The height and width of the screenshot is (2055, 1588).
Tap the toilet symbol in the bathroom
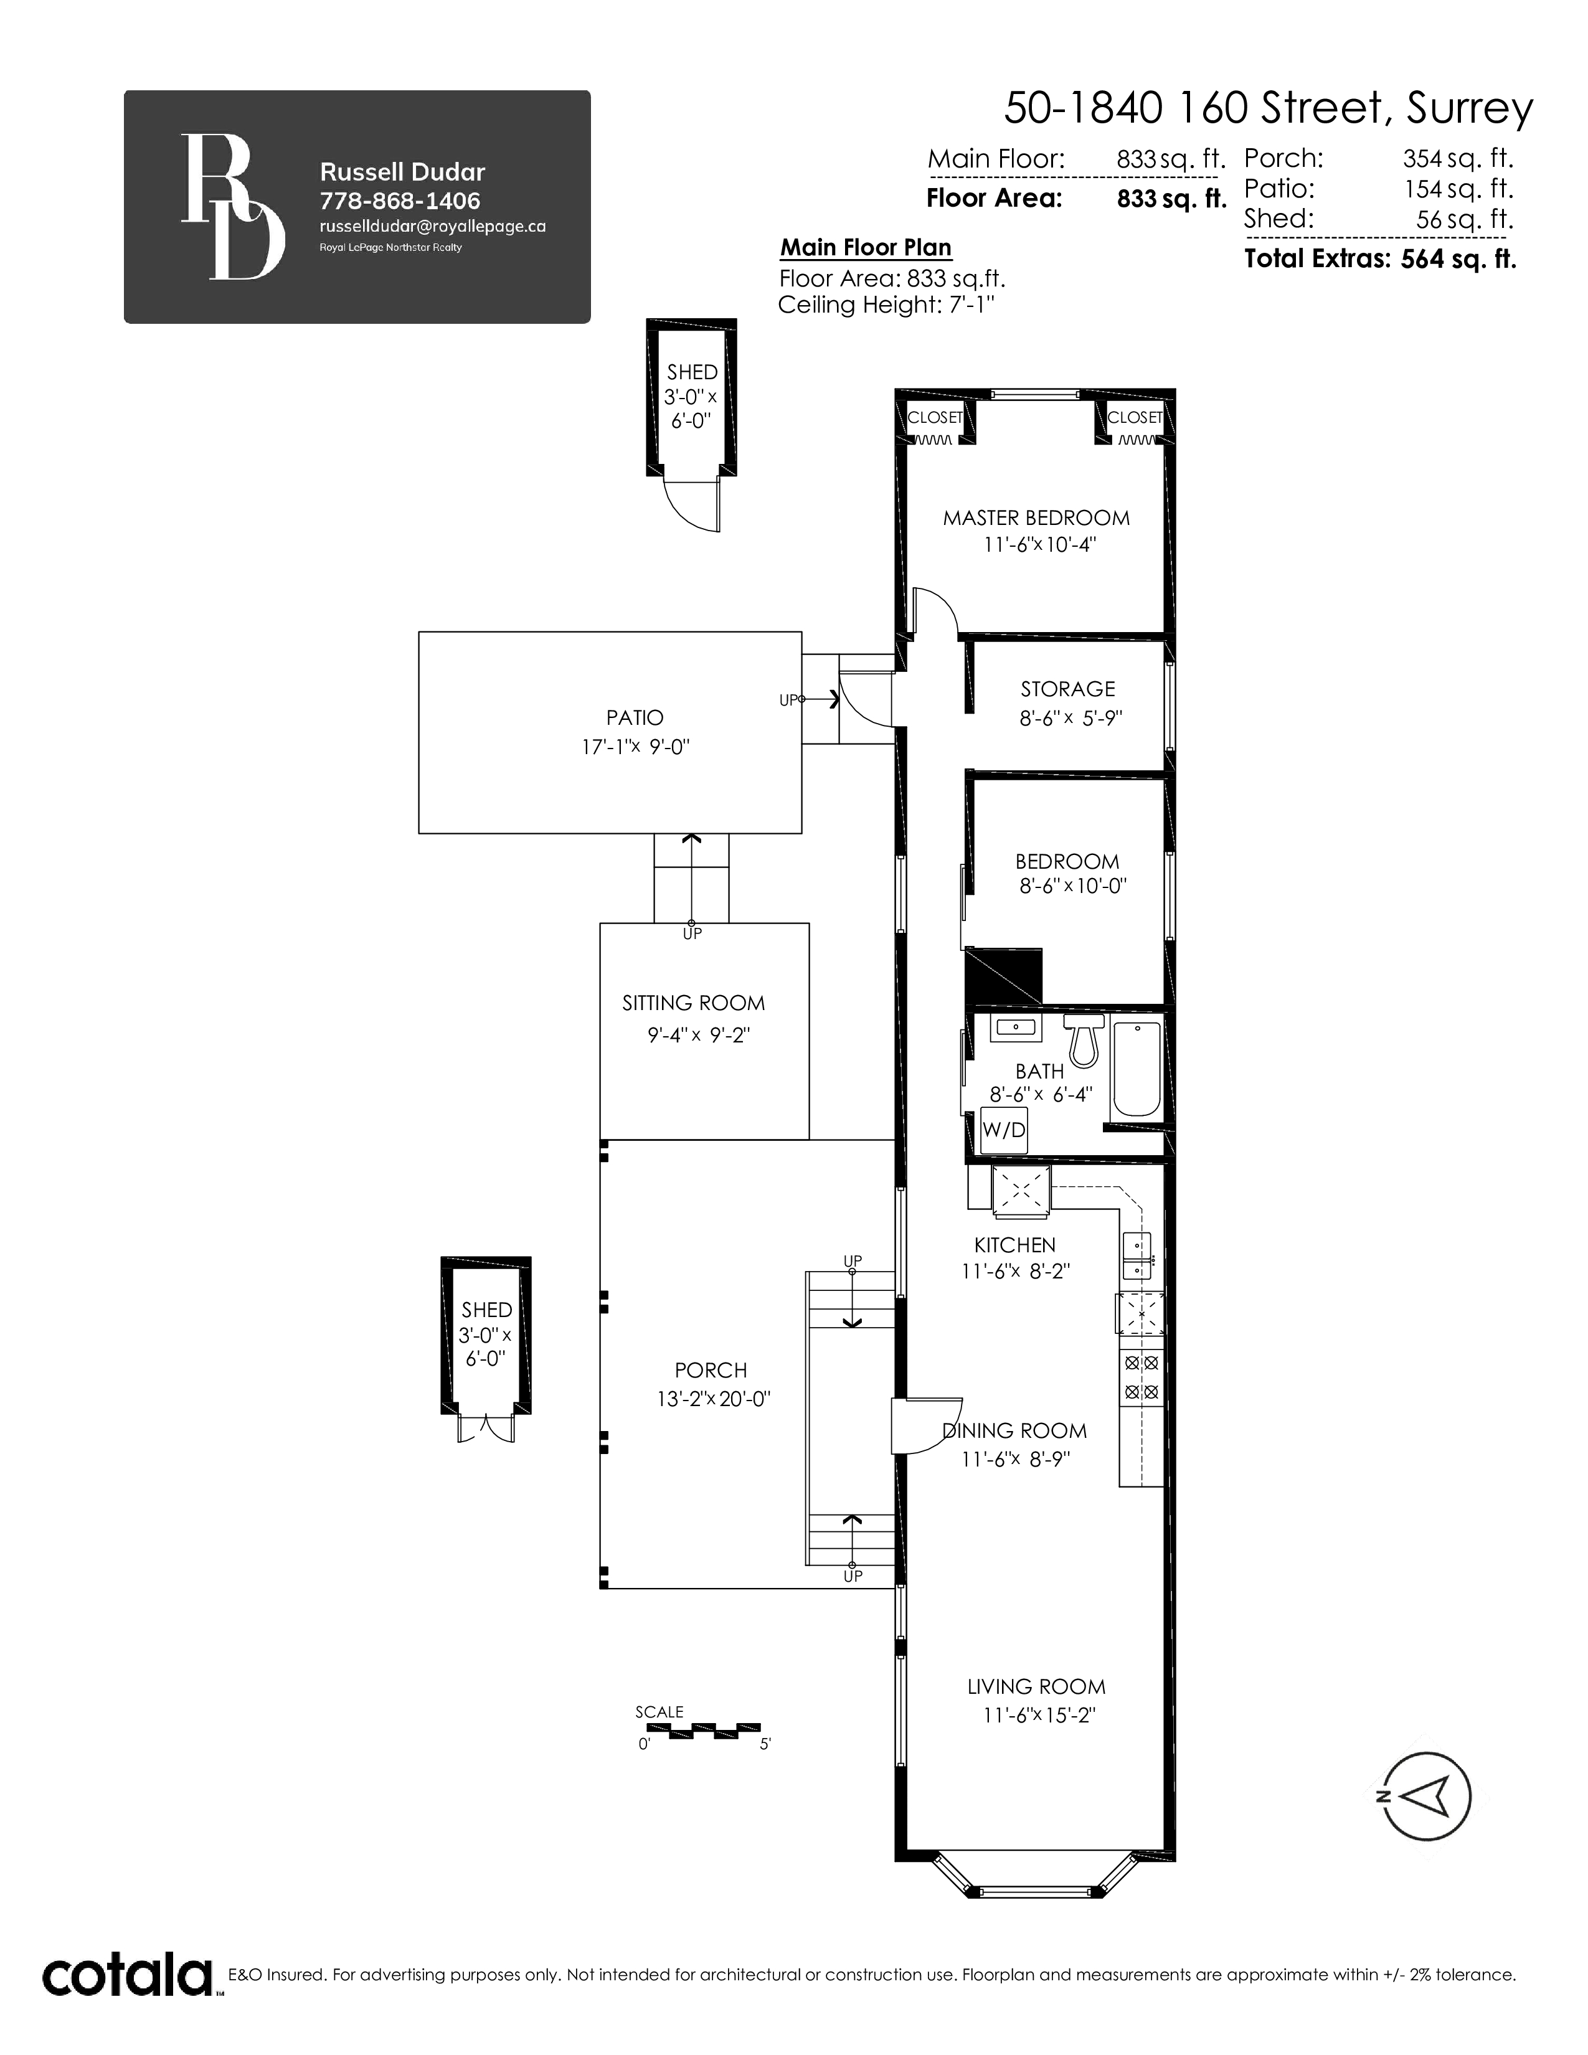tap(1084, 1040)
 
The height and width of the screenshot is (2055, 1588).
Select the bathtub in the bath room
tap(1137, 1069)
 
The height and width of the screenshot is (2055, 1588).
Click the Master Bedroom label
tap(1036, 517)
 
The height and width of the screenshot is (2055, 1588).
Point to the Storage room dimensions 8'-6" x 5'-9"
tap(1070, 718)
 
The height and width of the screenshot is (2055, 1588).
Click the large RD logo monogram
tap(232, 206)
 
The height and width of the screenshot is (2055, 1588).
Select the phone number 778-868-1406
tap(400, 201)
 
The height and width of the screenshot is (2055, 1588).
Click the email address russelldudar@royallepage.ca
tap(433, 227)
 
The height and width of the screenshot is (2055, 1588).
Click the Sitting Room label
tap(693, 1003)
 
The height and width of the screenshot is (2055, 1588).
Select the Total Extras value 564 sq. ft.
tap(1458, 259)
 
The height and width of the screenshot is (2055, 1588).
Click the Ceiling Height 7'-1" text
tap(886, 305)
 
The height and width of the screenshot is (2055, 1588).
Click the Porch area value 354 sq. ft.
tap(1458, 158)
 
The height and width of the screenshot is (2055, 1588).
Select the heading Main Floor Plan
tap(866, 247)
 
